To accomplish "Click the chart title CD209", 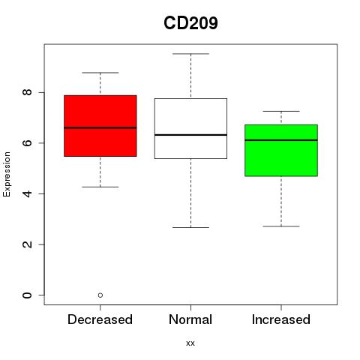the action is coord(190,23).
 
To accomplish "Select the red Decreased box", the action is coord(100,126).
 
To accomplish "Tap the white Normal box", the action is coord(190,128).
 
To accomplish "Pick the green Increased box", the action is coord(281,150).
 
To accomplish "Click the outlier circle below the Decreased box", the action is coord(100,295).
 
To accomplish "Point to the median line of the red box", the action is coord(100,127).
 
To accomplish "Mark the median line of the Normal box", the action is coord(190,135).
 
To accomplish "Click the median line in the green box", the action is coord(281,140).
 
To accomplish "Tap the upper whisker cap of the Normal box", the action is coord(190,54).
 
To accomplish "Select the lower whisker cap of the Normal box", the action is coord(190,227).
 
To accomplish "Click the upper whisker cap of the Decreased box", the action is coord(100,73).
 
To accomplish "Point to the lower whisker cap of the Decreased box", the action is coord(100,187).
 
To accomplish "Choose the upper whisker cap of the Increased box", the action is coord(281,111).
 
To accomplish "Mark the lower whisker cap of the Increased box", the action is coord(281,226).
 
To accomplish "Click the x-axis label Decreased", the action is coord(100,319).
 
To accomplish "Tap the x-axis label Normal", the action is coord(190,319).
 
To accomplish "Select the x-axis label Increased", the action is coord(281,319).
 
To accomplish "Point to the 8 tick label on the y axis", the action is coord(27,92).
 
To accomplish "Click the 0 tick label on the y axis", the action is coord(27,295).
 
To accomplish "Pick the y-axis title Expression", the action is coord(7,174).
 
